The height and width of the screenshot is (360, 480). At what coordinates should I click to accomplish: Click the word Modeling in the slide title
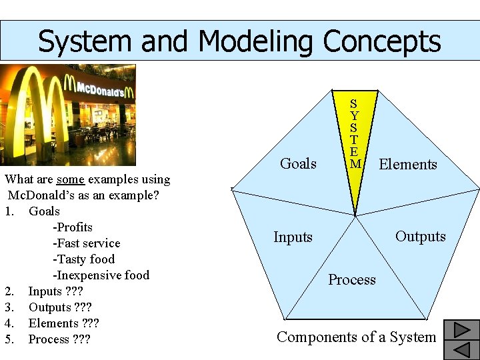[x=256, y=41]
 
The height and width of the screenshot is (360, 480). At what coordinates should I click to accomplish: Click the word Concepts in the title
[x=382, y=41]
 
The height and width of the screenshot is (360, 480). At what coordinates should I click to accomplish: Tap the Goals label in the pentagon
[x=298, y=163]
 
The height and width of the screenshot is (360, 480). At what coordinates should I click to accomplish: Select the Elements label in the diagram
[x=408, y=164]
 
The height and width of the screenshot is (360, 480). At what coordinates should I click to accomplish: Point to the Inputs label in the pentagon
[x=293, y=237]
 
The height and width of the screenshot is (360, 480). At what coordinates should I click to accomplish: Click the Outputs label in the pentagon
[x=420, y=237]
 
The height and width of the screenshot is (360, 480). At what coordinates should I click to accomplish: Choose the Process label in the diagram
[x=352, y=280]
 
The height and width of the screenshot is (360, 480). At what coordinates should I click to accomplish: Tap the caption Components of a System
[x=356, y=337]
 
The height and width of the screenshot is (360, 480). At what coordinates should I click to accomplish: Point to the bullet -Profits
[x=73, y=227]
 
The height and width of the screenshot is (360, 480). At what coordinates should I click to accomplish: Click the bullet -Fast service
[x=87, y=243]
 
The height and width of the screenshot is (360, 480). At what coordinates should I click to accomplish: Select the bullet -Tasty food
[x=83, y=259]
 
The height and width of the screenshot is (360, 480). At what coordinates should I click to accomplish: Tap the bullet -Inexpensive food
[x=101, y=275]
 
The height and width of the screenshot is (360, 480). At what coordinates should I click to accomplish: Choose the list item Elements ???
[x=63, y=323]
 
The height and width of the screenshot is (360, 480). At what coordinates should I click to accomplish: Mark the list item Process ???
[x=58, y=339]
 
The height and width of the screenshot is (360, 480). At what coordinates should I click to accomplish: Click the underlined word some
[x=70, y=179]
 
